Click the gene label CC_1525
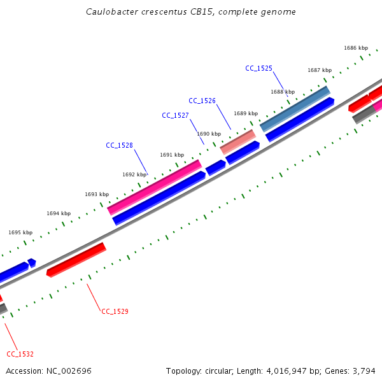(258, 68)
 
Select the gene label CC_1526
(202, 101)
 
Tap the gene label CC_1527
(175, 115)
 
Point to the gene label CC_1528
(119, 145)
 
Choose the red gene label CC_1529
(115, 311)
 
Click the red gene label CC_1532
(20, 354)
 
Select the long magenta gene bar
(155, 187)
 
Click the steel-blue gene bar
(295, 109)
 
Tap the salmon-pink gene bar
(237, 141)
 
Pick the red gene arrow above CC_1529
(76, 259)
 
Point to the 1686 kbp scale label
(356, 48)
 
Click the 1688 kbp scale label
(283, 92)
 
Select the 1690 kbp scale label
(209, 134)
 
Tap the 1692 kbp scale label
(134, 174)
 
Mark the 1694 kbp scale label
(59, 213)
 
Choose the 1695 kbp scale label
(20, 232)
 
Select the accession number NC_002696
(68, 371)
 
